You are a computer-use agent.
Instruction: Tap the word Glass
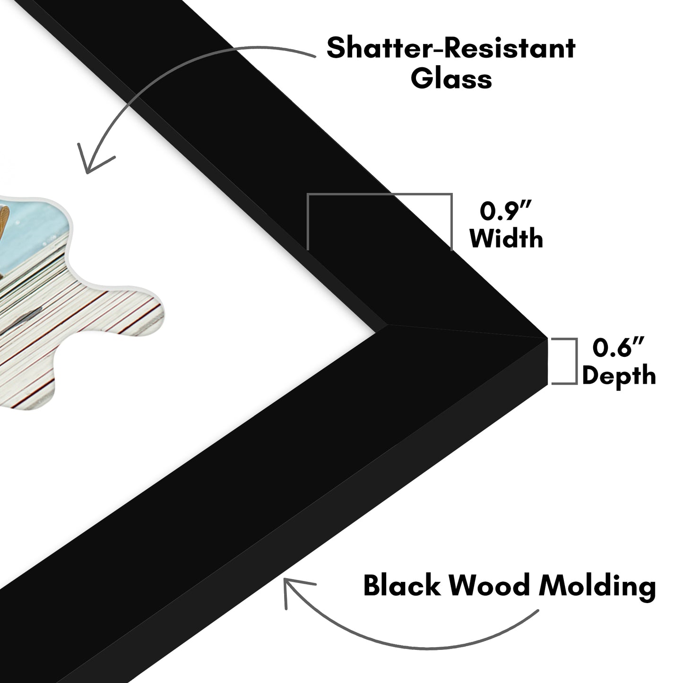[451, 78]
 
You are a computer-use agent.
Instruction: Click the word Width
[506, 238]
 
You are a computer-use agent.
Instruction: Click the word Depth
[619, 376]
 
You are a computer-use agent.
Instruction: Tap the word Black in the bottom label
[401, 586]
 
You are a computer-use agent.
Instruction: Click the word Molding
[598, 586]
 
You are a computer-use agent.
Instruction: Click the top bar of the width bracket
[380, 194]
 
